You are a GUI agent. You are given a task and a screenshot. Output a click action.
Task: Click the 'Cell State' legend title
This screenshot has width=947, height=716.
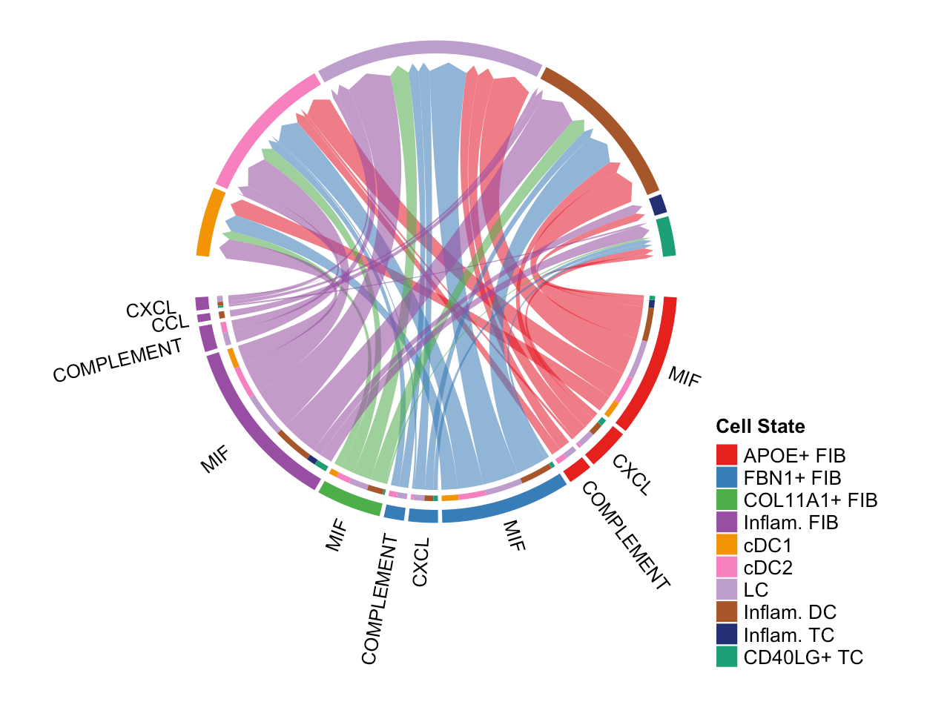pos(760,426)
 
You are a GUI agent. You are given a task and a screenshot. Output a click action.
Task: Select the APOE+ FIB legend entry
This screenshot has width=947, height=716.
pos(794,456)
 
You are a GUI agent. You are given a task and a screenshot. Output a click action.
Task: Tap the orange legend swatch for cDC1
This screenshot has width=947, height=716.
pos(727,546)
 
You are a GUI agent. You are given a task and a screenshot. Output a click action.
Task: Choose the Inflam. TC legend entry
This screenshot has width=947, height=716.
pos(788,635)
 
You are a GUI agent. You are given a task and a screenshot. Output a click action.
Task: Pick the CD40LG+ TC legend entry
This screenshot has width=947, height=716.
pos(803,657)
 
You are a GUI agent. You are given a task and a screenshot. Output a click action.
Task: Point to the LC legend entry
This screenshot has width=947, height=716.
pos(756,590)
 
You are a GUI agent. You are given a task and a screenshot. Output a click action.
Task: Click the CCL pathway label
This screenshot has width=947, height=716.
pos(170,324)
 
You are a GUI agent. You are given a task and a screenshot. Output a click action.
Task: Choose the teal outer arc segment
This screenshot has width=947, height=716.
pos(667,236)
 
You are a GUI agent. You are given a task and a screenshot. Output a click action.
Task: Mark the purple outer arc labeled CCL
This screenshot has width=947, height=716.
pos(203,318)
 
